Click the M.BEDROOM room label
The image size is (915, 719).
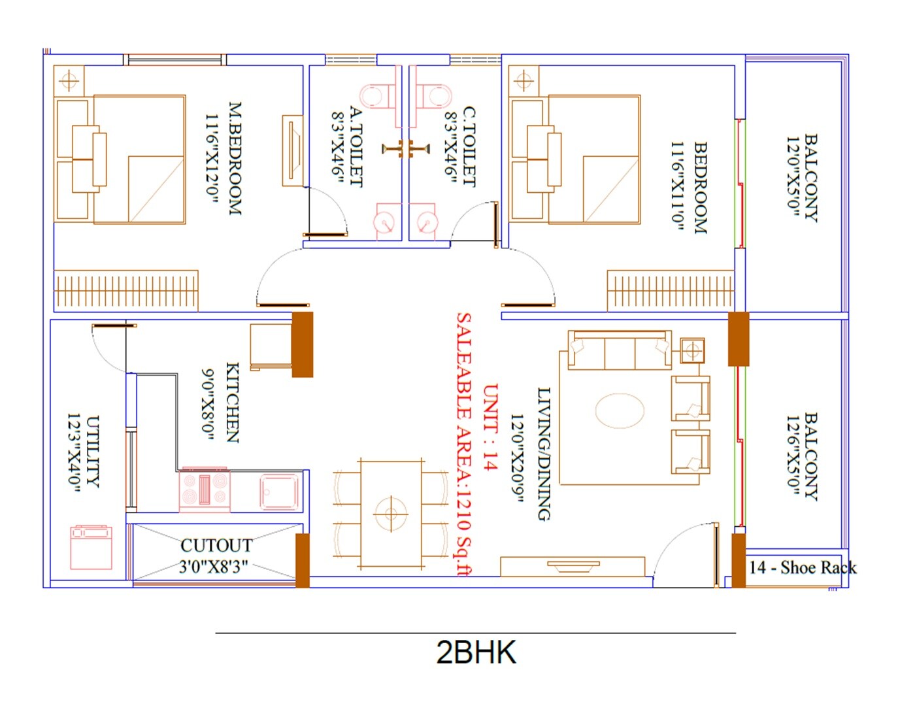[x=235, y=158]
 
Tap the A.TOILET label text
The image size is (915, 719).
[x=356, y=146]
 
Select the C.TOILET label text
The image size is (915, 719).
[x=469, y=146]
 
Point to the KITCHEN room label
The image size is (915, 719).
[x=232, y=403]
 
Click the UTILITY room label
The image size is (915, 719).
[x=93, y=451]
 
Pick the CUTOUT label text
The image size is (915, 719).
[x=216, y=545]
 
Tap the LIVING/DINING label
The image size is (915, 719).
[x=544, y=454]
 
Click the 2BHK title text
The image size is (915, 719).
[x=476, y=653]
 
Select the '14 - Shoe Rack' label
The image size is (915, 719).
[x=802, y=567]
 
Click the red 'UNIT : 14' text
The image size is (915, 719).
[x=490, y=426]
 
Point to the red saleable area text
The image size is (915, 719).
[x=463, y=444]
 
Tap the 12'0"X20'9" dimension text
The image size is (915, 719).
[x=517, y=458]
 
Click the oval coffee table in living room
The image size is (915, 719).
[x=620, y=410]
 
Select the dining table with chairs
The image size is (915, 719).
[x=391, y=514]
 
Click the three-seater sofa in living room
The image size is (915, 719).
[x=620, y=350]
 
